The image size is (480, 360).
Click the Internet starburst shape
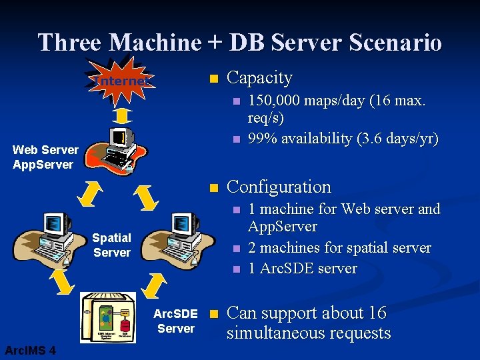click(x=123, y=81)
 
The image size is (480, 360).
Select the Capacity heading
click(x=259, y=78)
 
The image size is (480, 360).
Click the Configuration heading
click(x=279, y=187)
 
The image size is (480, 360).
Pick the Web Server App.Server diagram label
click(x=45, y=157)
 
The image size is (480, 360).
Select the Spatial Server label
click(x=112, y=245)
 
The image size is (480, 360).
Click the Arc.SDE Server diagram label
click(x=175, y=321)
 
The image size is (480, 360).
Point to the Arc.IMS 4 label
click(x=30, y=351)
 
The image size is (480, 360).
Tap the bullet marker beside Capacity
click(x=213, y=79)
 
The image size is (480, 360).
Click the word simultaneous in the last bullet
click(x=309, y=333)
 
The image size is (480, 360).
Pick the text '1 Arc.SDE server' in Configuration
click(x=302, y=269)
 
